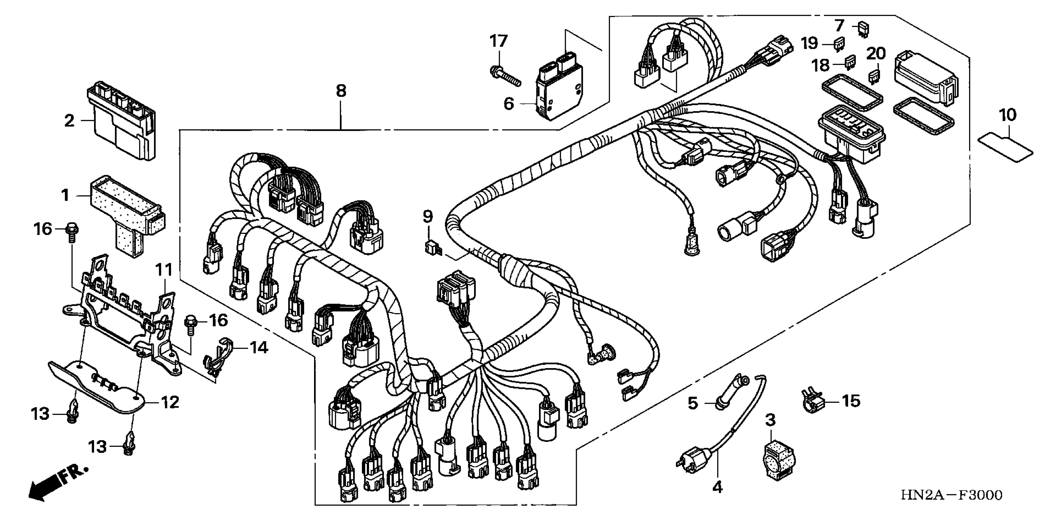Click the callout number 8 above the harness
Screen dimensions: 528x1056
pos(341,91)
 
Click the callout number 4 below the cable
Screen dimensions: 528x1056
pos(717,487)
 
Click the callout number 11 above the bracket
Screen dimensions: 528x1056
pos(164,270)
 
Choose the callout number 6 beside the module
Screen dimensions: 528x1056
pos(509,103)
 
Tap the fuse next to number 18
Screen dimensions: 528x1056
pos(851,62)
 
